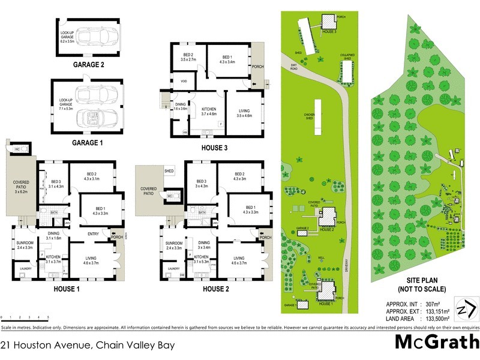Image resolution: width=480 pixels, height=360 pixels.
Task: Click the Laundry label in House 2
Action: click(174, 268)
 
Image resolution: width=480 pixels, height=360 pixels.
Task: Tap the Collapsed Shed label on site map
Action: click(346, 55)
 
